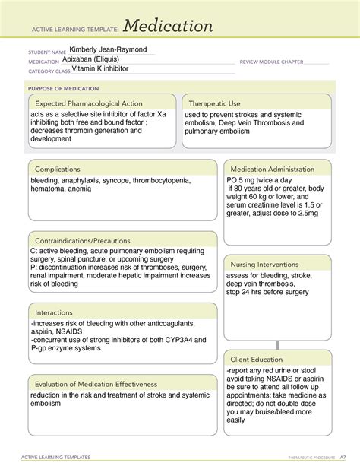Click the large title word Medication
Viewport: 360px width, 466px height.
pyautogui.click(x=168, y=27)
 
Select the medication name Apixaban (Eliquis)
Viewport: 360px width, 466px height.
pyautogui.click(x=102, y=59)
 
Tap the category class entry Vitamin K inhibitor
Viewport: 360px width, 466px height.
pyautogui.click(x=100, y=69)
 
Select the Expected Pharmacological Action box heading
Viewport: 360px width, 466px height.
pyautogui.click(x=89, y=103)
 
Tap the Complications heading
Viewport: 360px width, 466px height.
pyautogui.click(x=60, y=169)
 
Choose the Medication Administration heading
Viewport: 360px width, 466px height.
pyautogui.click(x=272, y=169)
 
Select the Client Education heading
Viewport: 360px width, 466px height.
pyautogui.click(x=257, y=359)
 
